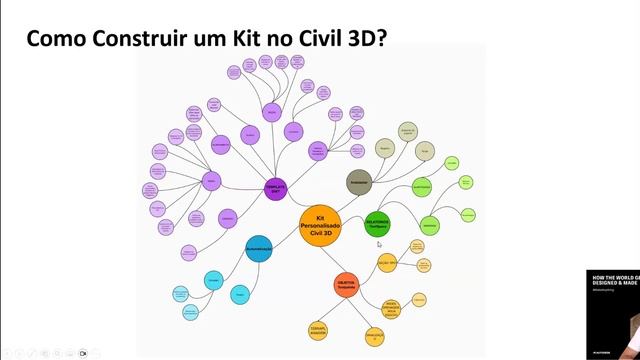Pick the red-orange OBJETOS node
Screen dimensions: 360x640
click(346, 284)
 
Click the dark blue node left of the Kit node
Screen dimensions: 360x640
click(258, 248)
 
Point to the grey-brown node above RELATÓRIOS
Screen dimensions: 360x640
click(359, 182)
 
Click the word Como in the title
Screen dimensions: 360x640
click(55, 38)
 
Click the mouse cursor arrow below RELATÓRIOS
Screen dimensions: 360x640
click(379, 244)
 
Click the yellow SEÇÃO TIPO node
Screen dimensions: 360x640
click(388, 262)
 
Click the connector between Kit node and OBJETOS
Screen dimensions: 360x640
click(334, 258)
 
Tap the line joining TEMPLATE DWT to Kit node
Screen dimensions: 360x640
click(294, 203)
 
